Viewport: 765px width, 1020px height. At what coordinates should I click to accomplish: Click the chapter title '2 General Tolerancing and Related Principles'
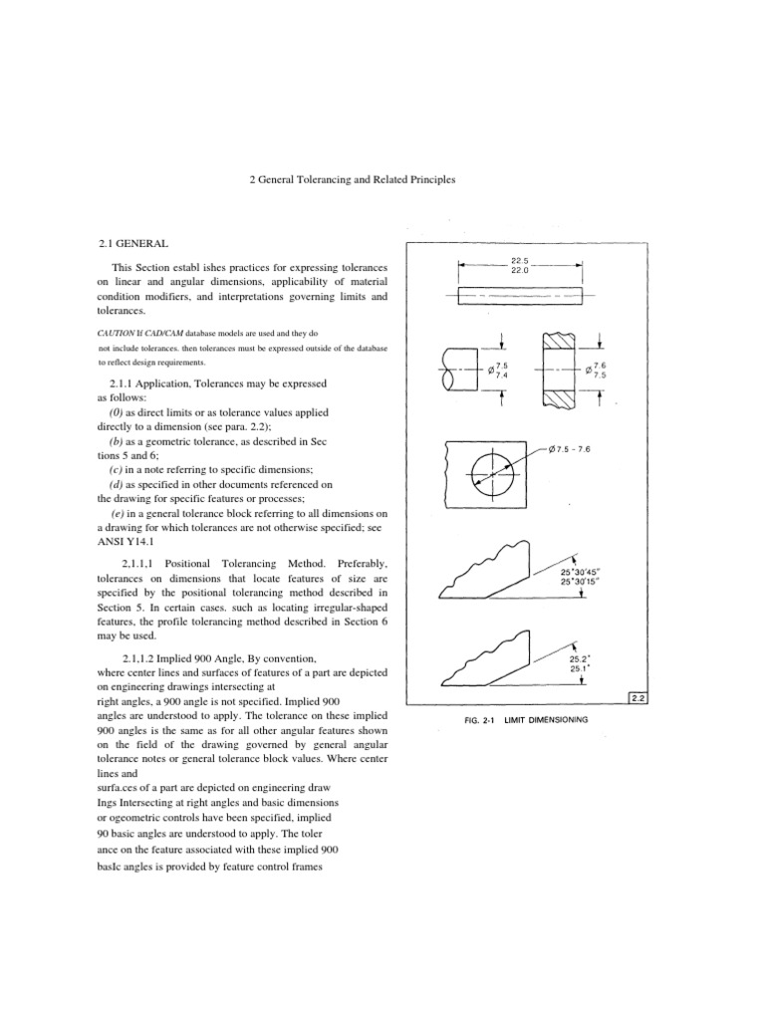pos(351,180)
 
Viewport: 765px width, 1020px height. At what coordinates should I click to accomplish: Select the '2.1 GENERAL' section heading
pos(133,243)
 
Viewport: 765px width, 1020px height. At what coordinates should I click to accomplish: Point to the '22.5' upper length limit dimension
pos(519,260)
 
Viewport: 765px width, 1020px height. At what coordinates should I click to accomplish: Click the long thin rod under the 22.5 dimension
pos(519,297)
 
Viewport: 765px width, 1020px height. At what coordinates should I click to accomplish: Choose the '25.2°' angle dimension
pos(579,657)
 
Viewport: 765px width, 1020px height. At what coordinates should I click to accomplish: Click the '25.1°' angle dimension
pos(579,668)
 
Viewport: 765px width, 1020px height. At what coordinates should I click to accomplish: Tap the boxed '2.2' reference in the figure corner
pos(638,700)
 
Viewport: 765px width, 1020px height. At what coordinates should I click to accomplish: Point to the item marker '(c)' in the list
pos(118,468)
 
